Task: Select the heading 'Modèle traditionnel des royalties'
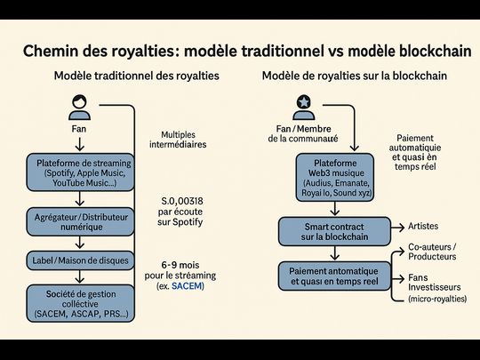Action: (x=135, y=77)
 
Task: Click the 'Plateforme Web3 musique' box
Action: (x=335, y=176)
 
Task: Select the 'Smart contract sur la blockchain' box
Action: (x=335, y=232)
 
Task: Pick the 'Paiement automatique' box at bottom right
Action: (x=335, y=276)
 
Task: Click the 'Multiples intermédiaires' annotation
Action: (x=178, y=139)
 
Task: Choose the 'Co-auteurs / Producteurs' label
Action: (x=432, y=251)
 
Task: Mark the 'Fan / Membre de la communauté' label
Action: (x=302, y=132)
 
